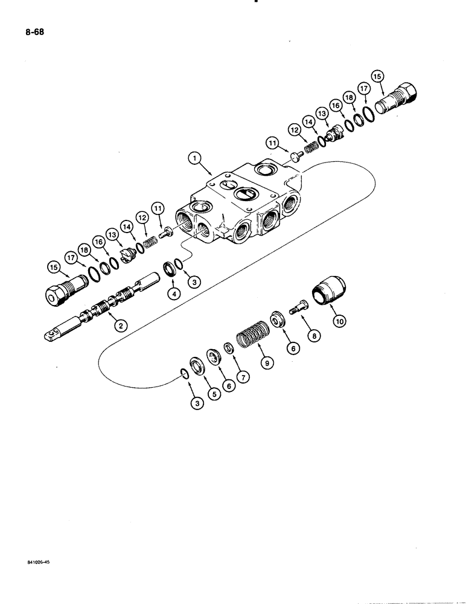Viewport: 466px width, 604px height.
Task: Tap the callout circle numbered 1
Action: coord(194,158)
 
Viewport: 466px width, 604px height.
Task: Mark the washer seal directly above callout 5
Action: coord(197,365)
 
